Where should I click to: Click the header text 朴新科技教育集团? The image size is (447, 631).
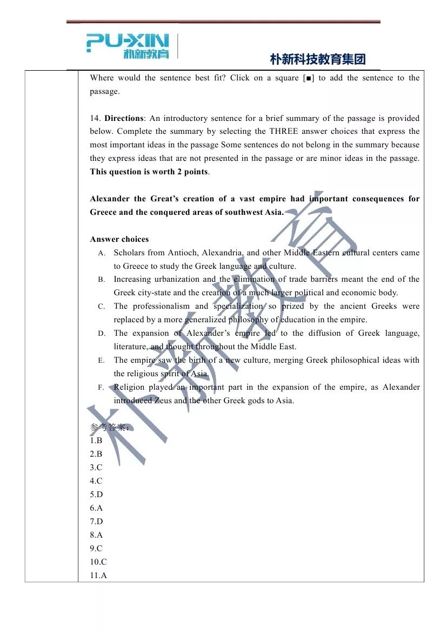(317, 59)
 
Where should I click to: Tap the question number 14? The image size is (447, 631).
(95, 118)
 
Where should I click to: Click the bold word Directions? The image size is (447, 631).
(124, 118)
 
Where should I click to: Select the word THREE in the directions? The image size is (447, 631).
(285, 131)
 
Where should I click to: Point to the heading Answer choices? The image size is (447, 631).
(119, 239)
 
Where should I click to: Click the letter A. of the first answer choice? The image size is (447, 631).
(102, 253)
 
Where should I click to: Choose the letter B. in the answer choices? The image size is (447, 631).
(102, 280)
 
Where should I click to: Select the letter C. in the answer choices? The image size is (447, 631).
(102, 307)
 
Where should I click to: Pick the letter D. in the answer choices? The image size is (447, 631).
(102, 334)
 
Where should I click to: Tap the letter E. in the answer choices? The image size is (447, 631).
(102, 361)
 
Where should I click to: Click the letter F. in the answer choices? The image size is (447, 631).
(102, 388)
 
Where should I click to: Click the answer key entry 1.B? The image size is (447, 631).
(96, 440)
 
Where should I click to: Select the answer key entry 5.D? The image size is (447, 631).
(96, 494)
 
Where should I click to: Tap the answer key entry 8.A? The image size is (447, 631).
(96, 535)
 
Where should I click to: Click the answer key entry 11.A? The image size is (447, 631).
(98, 575)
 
